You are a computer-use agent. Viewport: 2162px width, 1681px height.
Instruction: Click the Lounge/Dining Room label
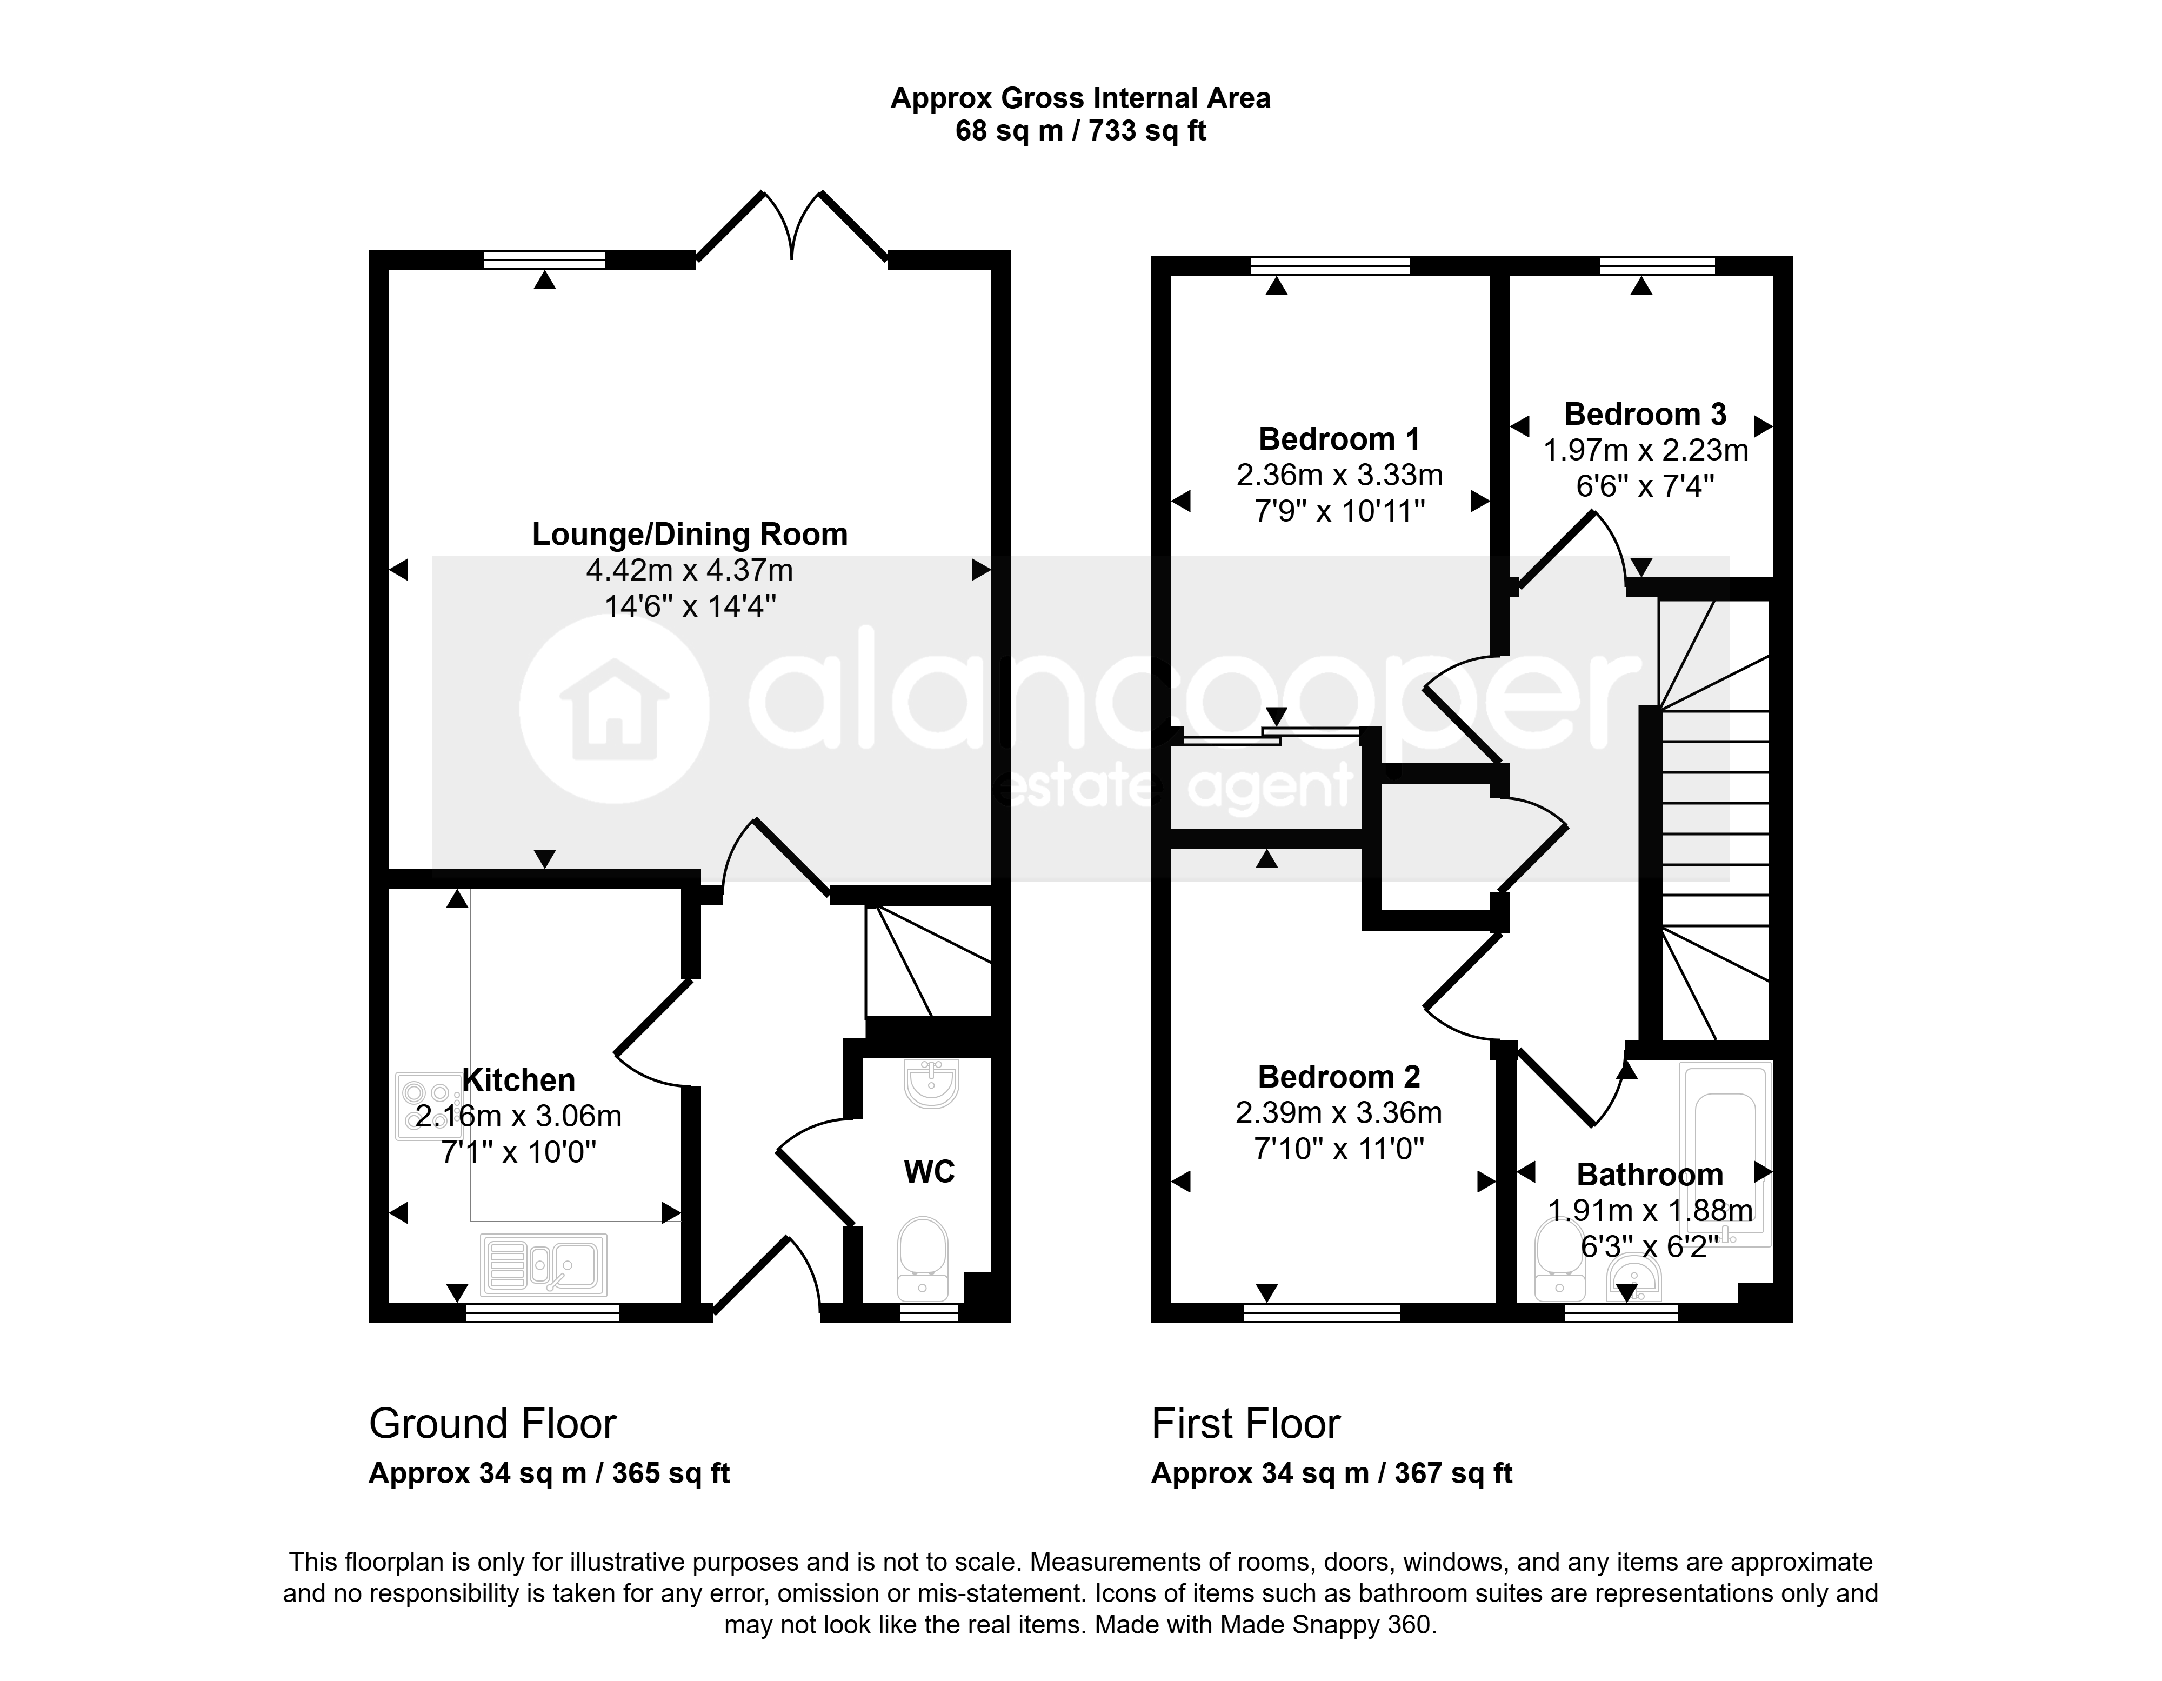click(x=690, y=535)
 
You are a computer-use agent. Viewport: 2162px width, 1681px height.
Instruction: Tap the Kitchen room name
click(x=519, y=1080)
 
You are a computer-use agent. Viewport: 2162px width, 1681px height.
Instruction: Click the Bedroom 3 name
click(x=1645, y=414)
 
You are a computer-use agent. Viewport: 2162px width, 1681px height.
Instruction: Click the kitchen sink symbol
click(x=543, y=1265)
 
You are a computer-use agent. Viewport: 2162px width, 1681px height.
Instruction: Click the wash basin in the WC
click(x=931, y=1083)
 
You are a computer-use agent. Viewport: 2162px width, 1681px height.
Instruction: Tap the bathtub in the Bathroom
click(x=1725, y=1155)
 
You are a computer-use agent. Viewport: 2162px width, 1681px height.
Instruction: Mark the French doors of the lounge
click(x=792, y=226)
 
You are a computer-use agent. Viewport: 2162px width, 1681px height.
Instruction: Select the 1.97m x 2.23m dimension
click(x=1645, y=450)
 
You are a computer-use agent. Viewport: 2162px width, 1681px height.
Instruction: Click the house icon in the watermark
click(x=614, y=709)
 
